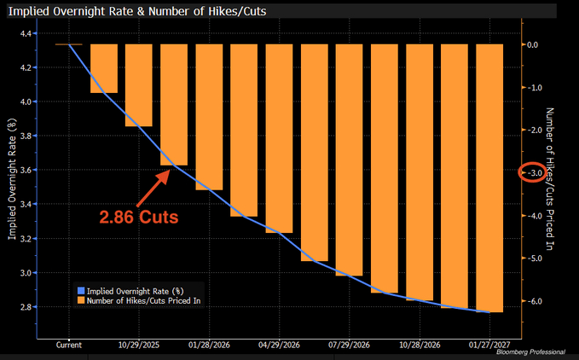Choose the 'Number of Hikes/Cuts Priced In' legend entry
tap(140, 300)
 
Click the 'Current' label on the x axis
tap(68, 345)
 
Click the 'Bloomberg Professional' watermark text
tap(532, 353)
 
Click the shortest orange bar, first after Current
tap(104, 68)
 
